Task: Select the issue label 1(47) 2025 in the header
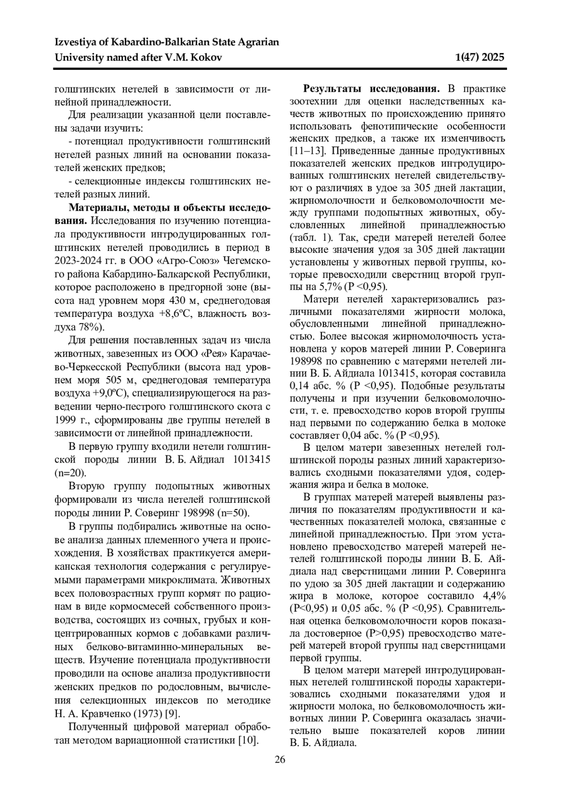480,58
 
